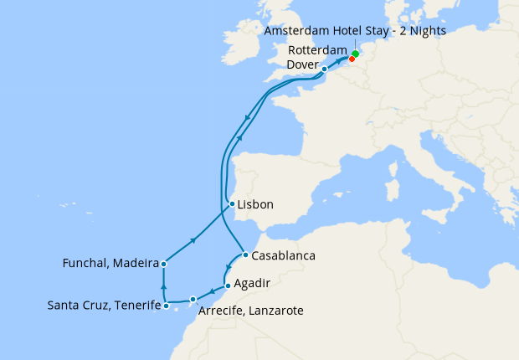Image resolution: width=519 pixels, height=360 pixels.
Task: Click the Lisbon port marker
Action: coord(231,204)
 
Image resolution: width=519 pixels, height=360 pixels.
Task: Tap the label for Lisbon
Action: coord(255,204)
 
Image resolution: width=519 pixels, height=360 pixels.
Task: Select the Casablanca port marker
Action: coord(244,255)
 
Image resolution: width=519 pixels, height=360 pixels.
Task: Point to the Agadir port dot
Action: coord(228,285)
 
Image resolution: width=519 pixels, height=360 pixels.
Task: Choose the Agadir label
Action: coord(254,283)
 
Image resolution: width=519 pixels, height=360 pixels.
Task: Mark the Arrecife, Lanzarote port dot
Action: coord(193,299)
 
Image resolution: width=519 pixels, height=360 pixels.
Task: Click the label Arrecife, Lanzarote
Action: coord(251,311)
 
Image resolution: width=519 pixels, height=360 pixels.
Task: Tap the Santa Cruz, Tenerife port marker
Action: coord(166,306)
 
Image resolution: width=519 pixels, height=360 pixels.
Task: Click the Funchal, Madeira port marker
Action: coord(163,264)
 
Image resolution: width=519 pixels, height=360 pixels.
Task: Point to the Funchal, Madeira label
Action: coord(110,264)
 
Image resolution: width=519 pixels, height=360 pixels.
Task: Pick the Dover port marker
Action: coord(325,69)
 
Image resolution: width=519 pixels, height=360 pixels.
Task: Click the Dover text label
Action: coord(302,64)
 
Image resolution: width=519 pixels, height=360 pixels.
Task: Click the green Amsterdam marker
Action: coord(355,54)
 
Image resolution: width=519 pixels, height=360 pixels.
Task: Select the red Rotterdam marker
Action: coord(352,59)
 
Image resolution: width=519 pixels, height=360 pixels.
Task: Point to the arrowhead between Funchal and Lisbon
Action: coord(194,240)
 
